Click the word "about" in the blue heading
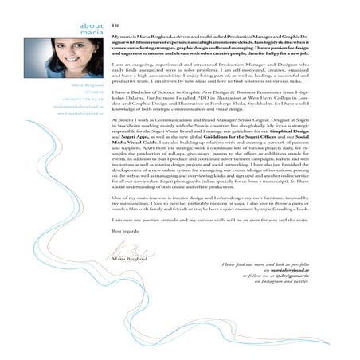(x=92, y=26)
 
